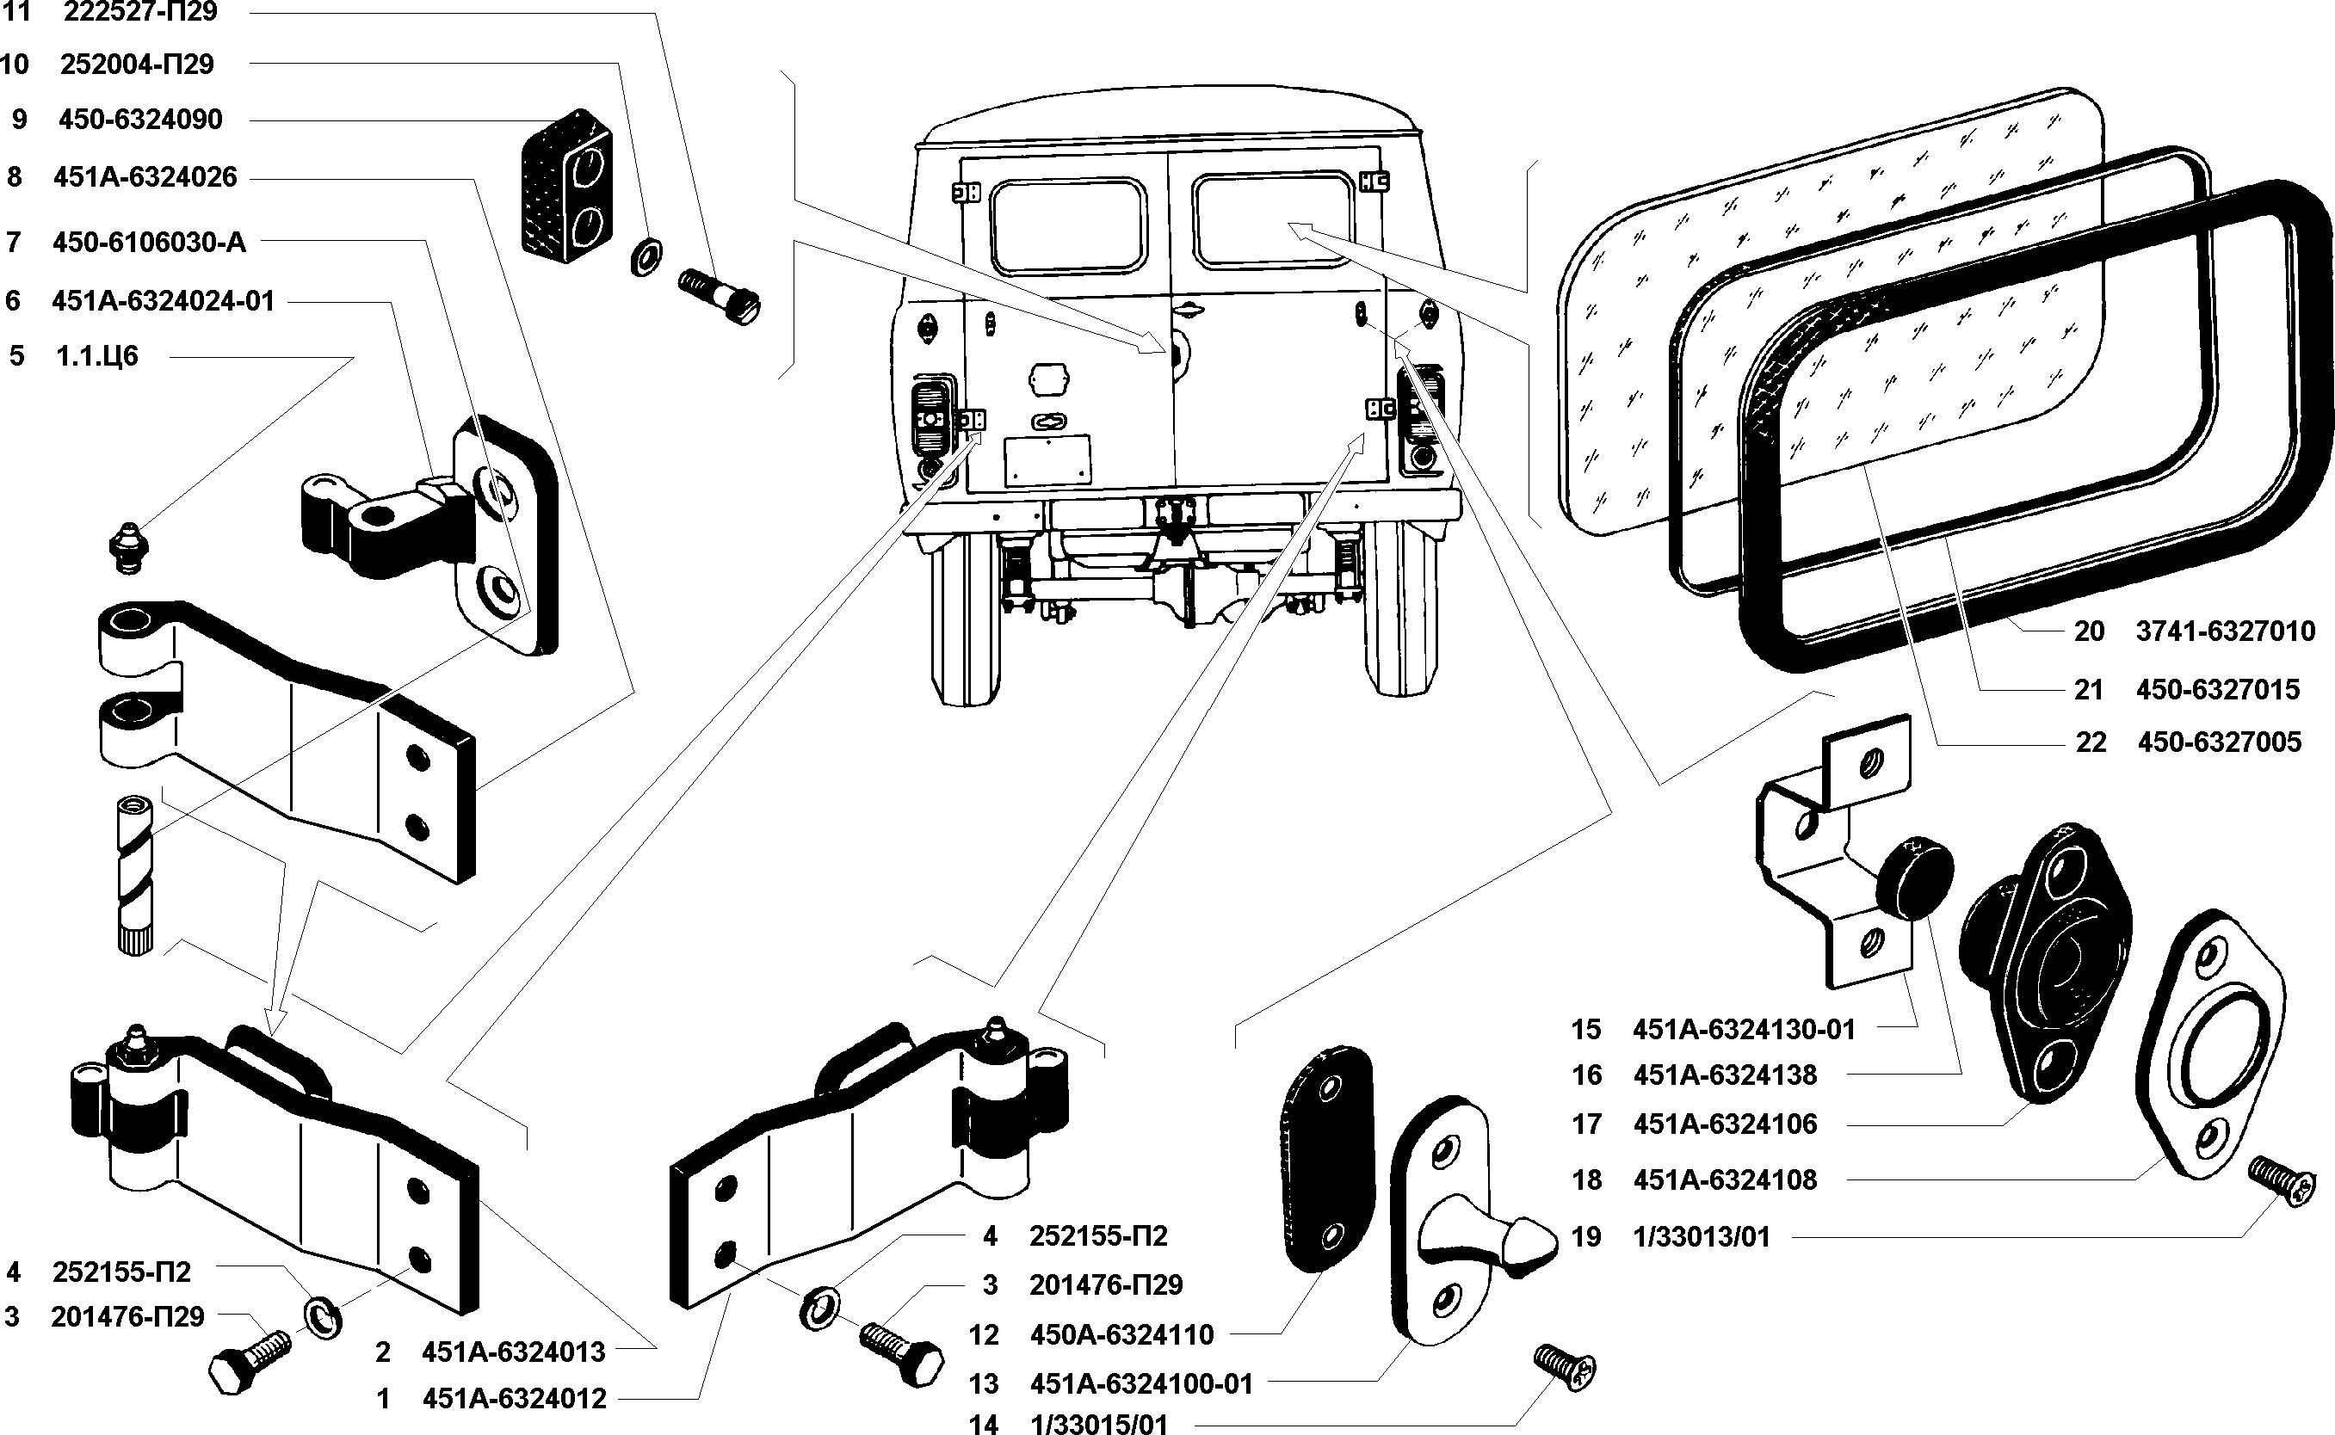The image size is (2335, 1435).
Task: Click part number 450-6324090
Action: click(x=140, y=120)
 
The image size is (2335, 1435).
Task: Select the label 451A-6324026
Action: click(x=145, y=177)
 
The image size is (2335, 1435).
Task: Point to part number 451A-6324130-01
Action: click(x=1744, y=1030)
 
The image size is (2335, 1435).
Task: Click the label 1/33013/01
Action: click(x=1702, y=1238)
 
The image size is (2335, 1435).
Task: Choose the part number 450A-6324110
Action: click(x=1122, y=1334)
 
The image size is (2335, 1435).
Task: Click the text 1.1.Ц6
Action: click(x=98, y=357)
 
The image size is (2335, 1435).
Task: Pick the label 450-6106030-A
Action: click(x=149, y=243)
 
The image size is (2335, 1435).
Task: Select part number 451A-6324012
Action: click(x=514, y=1398)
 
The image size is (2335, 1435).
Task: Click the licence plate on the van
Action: click(x=1047, y=462)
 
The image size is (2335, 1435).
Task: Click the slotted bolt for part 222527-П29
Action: click(x=720, y=295)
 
